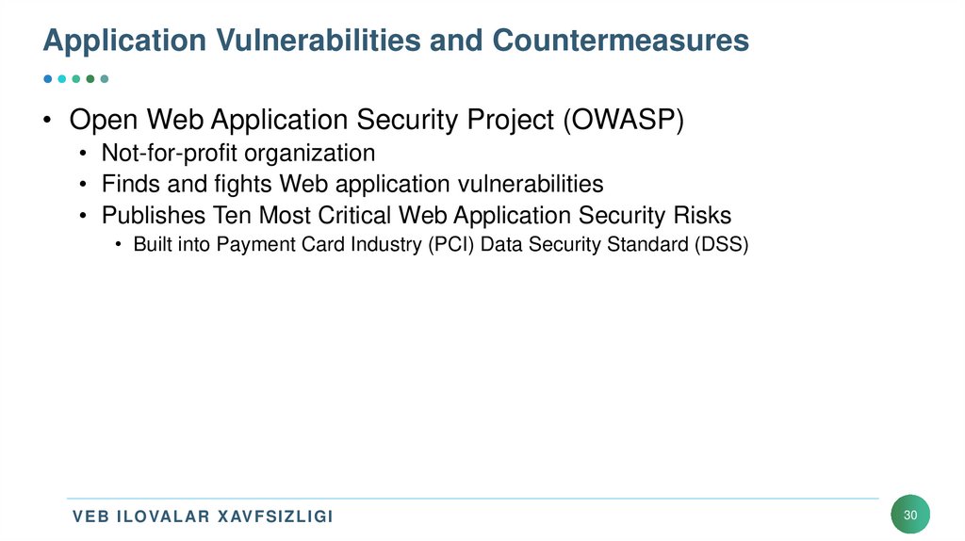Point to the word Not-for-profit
pyautogui.click(x=161, y=153)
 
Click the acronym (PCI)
pyautogui.click(x=448, y=245)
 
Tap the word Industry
pyautogui.click(x=372, y=245)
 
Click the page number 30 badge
pyautogui.click(x=910, y=515)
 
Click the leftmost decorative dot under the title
pyautogui.click(x=48, y=79)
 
